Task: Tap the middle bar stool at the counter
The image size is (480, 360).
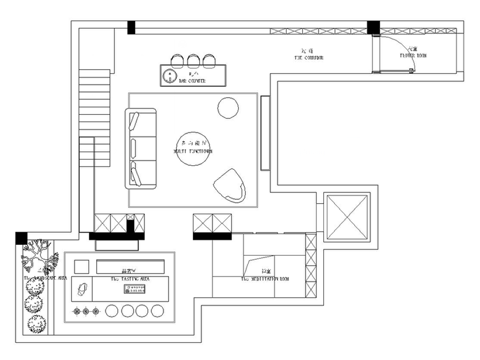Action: (x=193, y=59)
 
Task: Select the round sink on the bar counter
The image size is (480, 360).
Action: (x=170, y=75)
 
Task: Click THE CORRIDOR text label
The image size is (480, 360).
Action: (x=308, y=58)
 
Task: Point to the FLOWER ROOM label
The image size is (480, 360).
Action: (x=413, y=56)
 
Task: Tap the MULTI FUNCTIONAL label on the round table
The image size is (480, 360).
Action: (x=193, y=151)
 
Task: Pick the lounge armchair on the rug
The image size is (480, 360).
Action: (x=230, y=185)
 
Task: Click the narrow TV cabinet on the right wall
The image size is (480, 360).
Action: (x=265, y=132)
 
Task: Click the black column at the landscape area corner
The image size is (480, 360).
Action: (x=21, y=237)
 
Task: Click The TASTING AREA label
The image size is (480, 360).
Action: (x=130, y=279)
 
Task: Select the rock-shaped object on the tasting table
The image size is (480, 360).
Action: (x=83, y=289)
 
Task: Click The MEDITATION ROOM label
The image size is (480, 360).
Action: (x=265, y=279)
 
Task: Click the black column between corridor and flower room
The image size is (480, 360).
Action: (x=374, y=27)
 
